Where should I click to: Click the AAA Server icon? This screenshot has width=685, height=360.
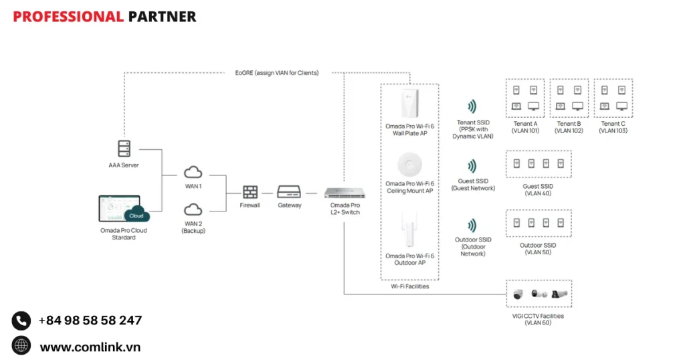[124, 149]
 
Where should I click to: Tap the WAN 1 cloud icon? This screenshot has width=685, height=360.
[193, 172]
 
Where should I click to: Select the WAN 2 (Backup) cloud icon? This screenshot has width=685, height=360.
[193, 209]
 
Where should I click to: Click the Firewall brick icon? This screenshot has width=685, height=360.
[250, 192]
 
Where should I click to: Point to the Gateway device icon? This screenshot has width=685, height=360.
[290, 191]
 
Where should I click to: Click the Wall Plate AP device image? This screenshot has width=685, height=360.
[409, 104]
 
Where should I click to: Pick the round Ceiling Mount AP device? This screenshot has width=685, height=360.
[409, 165]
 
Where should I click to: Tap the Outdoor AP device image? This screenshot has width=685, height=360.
[409, 231]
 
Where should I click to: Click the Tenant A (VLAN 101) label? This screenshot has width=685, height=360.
[525, 127]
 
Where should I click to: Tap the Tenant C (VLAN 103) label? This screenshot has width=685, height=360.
[613, 127]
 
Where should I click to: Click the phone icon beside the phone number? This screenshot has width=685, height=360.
[21, 321]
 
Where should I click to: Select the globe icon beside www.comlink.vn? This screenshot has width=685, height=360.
[21, 345]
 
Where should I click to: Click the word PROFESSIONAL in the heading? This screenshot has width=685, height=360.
[68, 17]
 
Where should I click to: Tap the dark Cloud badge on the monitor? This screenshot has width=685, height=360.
[136, 215]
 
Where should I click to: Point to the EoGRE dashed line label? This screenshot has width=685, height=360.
[277, 72]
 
